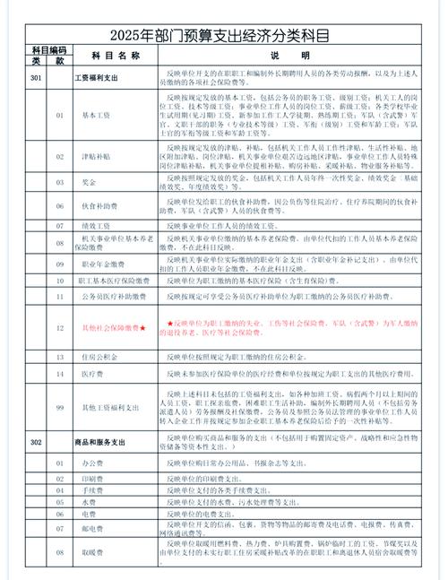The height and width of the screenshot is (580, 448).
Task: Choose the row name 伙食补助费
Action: [x=99, y=205]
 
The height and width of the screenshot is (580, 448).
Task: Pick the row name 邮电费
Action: [x=92, y=528]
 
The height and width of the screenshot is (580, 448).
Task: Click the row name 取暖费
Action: [x=92, y=553]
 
